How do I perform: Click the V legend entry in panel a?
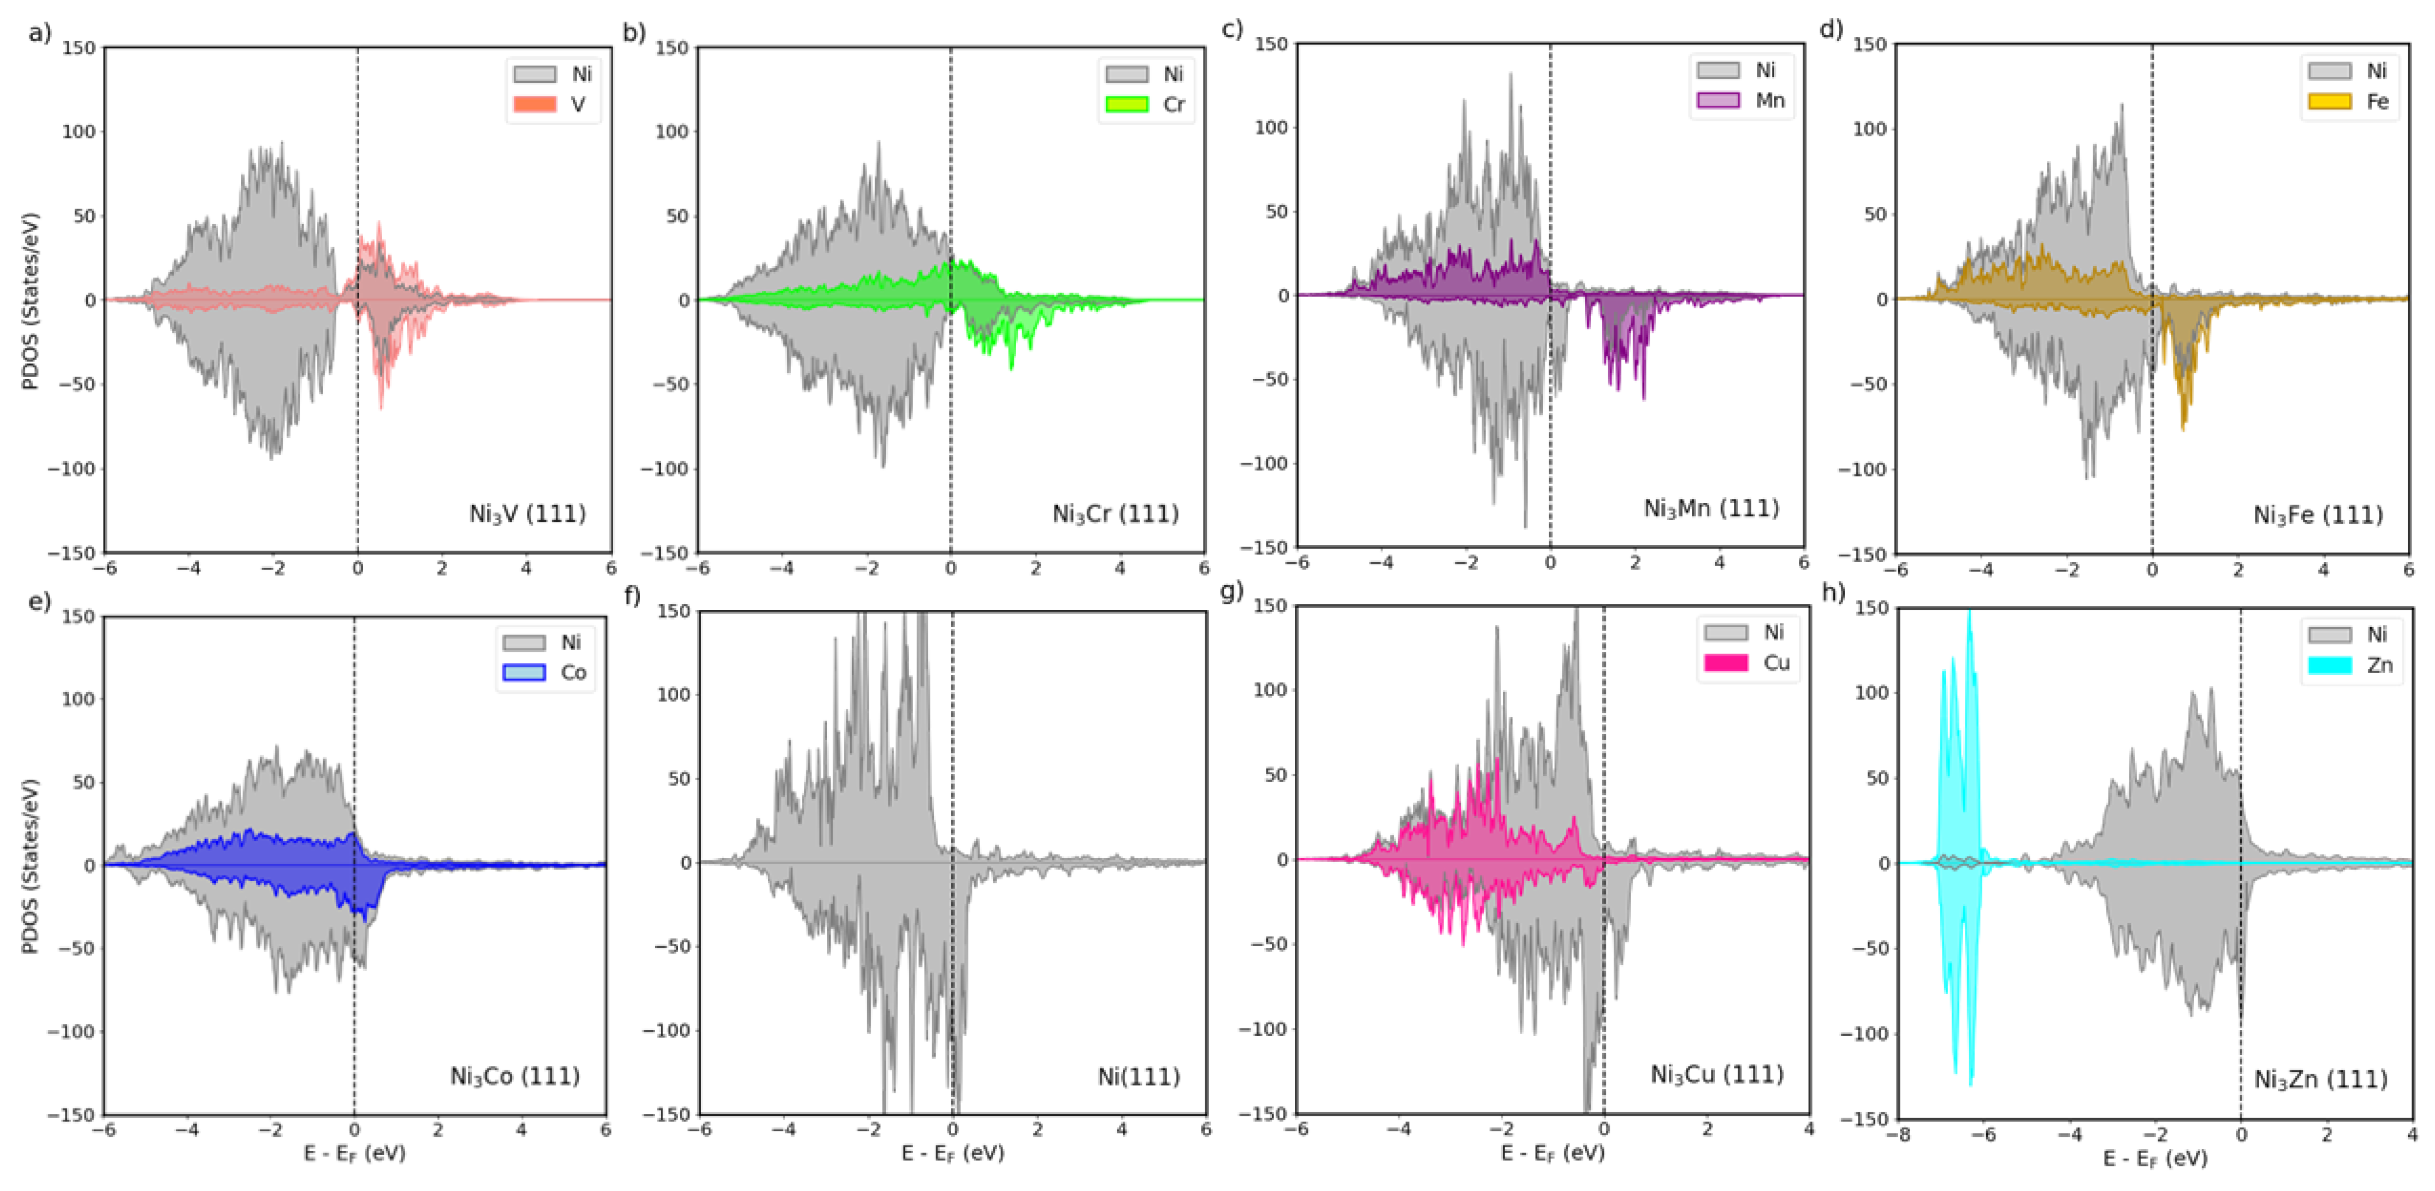coord(552,104)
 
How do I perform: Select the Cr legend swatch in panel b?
coord(1127,104)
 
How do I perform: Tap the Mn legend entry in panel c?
coord(1741,100)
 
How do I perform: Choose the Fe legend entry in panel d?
coord(2349,101)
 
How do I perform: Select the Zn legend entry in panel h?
coord(2351,664)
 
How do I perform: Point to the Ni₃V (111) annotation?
coord(528,514)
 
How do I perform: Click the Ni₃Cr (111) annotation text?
coord(1115,514)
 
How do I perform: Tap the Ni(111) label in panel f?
coord(1138,1077)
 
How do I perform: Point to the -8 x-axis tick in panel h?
coord(1898,1134)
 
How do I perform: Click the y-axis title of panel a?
coord(31,301)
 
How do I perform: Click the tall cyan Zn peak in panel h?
coord(1970,614)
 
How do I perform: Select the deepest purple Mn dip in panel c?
coord(1644,397)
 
